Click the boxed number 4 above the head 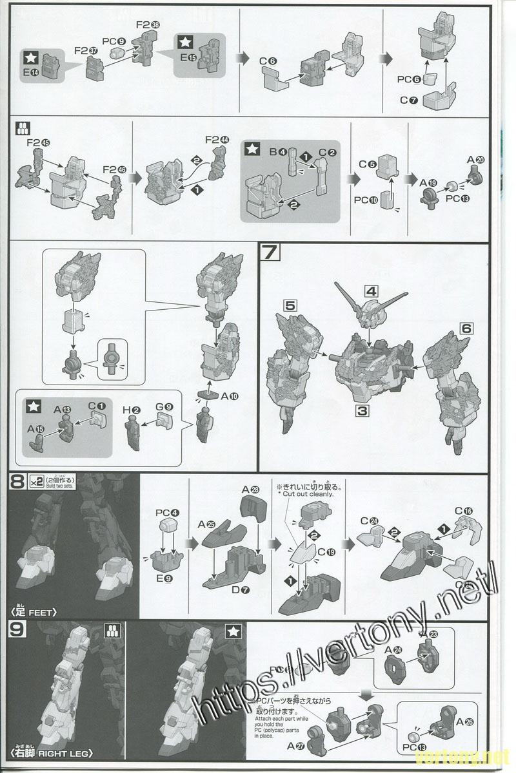point(370,291)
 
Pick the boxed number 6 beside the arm point(466,329)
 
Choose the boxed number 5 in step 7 point(290,306)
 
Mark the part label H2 point(131,410)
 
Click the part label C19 point(326,551)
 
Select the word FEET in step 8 point(44,612)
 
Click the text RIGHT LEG point(65,752)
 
